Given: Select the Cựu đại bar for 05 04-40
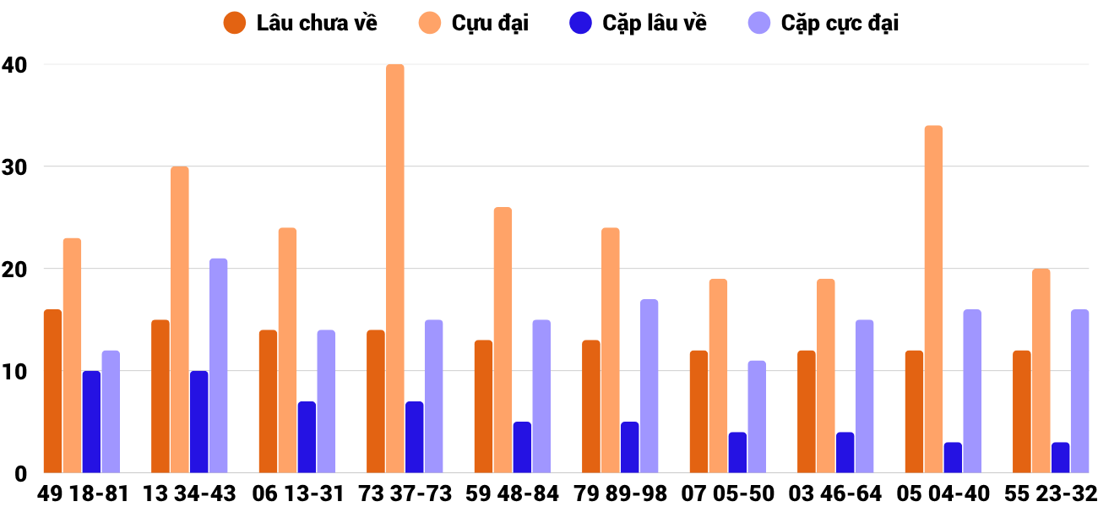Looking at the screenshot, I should pyautogui.click(x=933, y=299).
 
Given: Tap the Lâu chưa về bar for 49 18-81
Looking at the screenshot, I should pyautogui.click(x=52, y=391).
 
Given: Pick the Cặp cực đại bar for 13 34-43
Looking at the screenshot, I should pyautogui.click(x=218, y=366).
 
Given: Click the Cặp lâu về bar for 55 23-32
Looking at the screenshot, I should pyautogui.click(x=1060, y=458).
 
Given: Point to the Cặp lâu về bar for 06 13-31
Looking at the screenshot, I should pyautogui.click(x=307, y=438).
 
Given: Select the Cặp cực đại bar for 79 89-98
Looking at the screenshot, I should pyautogui.click(x=649, y=386).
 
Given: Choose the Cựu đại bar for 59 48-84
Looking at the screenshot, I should pyautogui.click(x=503, y=340).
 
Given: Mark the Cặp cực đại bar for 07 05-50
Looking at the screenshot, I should pyautogui.click(x=757, y=417).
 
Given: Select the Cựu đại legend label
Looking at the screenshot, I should pyautogui.click(x=490, y=23).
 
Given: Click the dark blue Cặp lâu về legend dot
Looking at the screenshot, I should pyautogui.click(x=580, y=23).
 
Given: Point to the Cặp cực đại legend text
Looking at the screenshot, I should pyautogui.click(x=840, y=23).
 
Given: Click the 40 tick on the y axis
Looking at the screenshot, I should pyautogui.click(x=14, y=65).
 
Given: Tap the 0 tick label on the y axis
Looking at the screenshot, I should pyautogui.click(x=19, y=474).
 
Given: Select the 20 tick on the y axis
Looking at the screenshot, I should pyautogui.click(x=14, y=270).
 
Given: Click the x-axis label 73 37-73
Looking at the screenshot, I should pyautogui.click(x=405, y=493).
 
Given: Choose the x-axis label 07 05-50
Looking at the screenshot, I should pyautogui.click(x=727, y=493).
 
